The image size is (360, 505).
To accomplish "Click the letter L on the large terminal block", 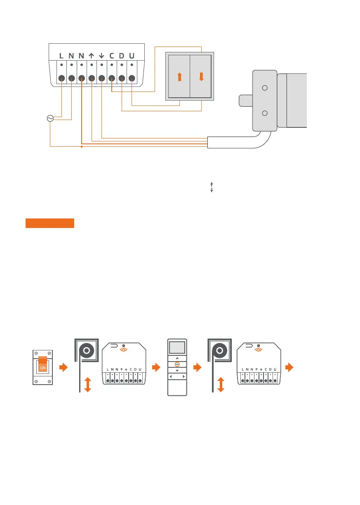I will coord(61,55).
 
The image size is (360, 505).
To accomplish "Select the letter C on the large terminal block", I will coord(112,55).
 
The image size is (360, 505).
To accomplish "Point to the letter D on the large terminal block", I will coord(122,55).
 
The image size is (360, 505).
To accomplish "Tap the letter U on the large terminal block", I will coord(132,55).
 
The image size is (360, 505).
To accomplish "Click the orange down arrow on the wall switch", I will coord(201,77).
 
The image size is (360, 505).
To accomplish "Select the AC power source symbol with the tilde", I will coord(50,119).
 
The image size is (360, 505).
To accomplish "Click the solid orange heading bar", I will coord(49,223).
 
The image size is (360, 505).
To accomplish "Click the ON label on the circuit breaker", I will coord(43,368).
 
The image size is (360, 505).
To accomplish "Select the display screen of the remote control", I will coord(177,348).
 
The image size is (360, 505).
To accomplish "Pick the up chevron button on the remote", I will coord(177,358).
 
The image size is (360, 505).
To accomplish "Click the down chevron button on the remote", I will coord(177,371).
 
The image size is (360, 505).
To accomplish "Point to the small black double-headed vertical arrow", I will coord(211,188).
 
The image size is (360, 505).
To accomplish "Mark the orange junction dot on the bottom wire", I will coord(82,146).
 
